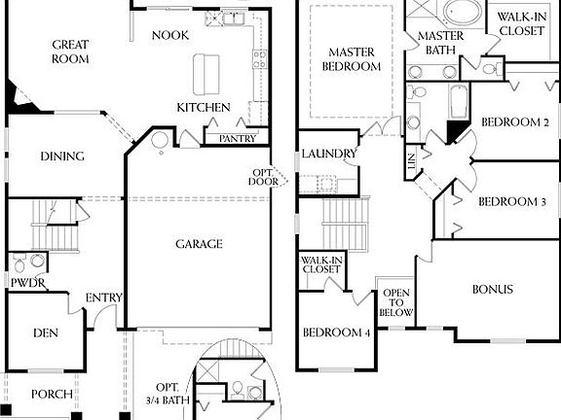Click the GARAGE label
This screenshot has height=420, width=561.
tap(199, 244)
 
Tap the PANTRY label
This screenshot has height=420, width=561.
tap(238, 139)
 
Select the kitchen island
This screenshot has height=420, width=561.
tap(206, 74)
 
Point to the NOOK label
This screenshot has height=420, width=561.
tap(170, 35)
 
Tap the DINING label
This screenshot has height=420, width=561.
tap(62, 157)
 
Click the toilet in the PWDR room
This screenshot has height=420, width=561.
tap(19, 264)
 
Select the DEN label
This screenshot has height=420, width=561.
tap(46, 333)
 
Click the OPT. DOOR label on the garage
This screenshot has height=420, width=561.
tap(263, 178)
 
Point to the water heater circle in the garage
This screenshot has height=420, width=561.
tap(160, 140)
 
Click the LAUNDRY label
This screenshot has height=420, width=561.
tap(329, 154)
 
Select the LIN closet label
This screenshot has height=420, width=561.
tap(411, 161)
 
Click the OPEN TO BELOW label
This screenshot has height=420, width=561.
tap(396, 302)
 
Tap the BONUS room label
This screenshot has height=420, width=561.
tap(493, 289)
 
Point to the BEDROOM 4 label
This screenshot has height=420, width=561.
tap(336, 332)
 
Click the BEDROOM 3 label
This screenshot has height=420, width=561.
tap(512, 202)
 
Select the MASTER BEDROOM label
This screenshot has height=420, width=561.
tap(352, 59)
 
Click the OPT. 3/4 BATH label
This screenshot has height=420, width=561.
tap(168, 394)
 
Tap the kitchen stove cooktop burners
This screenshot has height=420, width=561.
tap(259, 59)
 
